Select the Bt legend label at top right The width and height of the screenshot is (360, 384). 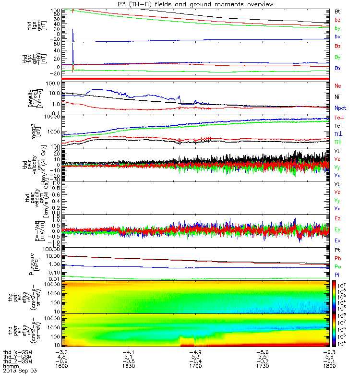tap(337, 11)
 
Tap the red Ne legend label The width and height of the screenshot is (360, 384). tap(337, 85)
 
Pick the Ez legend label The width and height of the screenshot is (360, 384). tap(337, 218)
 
